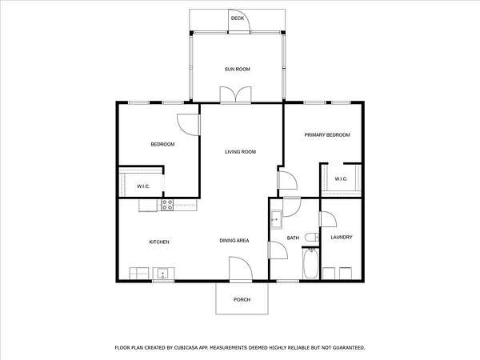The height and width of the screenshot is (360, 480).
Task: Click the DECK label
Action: (x=238, y=18)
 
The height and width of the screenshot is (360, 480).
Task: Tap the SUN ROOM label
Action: (x=238, y=69)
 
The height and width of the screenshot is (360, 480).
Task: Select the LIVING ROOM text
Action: (x=240, y=152)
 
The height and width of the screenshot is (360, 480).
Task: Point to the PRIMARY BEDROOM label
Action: (x=327, y=135)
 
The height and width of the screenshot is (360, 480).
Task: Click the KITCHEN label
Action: (x=159, y=242)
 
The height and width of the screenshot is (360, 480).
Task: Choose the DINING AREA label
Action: (x=234, y=241)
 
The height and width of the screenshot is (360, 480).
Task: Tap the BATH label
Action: (x=293, y=238)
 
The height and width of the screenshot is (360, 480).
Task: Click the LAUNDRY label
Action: (x=342, y=238)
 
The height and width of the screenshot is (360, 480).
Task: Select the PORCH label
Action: (x=242, y=300)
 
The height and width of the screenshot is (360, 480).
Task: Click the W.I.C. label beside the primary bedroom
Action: (x=341, y=178)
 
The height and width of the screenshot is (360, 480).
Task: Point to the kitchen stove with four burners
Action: (x=167, y=205)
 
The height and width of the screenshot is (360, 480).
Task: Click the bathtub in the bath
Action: (x=310, y=263)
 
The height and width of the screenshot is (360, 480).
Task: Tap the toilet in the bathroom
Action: (x=312, y=238)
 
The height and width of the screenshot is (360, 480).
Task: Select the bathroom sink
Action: (x=277, y=219)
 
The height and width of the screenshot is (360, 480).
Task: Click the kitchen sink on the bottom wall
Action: (x=163, y=273)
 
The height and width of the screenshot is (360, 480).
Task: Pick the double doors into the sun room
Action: (x=236, y=94)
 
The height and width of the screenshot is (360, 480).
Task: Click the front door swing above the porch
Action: (x=241, y=269)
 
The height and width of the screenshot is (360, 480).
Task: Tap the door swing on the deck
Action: (x=239, y=21)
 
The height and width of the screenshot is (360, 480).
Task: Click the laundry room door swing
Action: (x=328, y=219)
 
